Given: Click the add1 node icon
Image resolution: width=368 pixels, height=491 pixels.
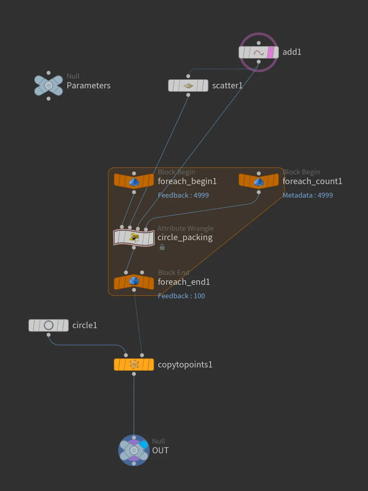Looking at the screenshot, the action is click(258, 52).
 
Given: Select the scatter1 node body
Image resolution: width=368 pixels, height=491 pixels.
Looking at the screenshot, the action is click(188, 86).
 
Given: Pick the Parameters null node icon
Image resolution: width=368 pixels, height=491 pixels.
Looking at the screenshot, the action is click(49, 86).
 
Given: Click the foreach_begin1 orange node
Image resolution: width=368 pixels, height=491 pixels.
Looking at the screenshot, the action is click(134, 181).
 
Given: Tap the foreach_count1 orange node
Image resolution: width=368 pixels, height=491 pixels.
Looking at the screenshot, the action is click(258, 181).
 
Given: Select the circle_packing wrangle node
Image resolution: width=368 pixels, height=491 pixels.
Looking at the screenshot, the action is click(134, 237).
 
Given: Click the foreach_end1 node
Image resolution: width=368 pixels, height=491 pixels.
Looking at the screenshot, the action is click(134, 282).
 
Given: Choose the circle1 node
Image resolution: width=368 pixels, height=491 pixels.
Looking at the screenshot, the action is click(49, 325).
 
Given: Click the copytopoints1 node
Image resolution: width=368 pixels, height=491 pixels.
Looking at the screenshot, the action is click(134, 365).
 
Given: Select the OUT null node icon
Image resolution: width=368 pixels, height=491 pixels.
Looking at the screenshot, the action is click(134, 450).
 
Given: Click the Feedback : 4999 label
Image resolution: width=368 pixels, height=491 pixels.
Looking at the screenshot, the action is click(183, 195).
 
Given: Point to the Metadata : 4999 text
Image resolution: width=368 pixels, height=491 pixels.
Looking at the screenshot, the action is click(307, 195).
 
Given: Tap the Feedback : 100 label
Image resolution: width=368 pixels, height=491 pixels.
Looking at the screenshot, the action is click(181, 296).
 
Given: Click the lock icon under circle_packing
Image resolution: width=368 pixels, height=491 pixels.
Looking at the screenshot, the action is click(162, 247).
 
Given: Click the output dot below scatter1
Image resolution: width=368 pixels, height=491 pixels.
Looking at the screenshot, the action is click(188, 95).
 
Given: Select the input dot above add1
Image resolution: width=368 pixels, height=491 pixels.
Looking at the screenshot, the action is click(258, 43).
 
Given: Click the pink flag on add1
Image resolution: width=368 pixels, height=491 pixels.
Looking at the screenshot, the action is click(271, 52).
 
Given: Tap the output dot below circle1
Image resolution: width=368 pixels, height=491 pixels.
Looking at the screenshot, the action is click(49, 335).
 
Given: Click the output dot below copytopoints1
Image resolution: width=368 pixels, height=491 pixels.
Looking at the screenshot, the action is click(134, 374).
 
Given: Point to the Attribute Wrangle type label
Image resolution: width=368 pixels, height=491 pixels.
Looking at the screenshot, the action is click(186, 228).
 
